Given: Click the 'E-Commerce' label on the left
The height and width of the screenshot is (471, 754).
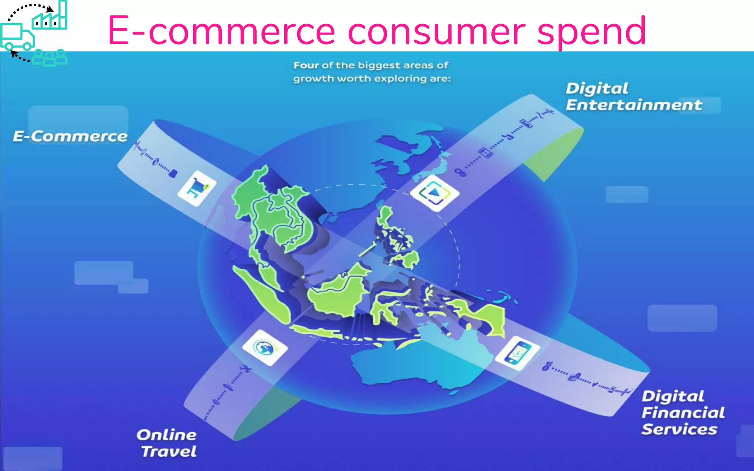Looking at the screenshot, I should pyautogui.click(x=70, y=137).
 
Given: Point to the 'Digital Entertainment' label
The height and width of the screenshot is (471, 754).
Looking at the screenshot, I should pyautogui.click(x=633, y=97).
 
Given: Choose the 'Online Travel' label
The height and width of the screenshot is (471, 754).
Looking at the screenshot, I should pyautogui.click(x=168, y=443).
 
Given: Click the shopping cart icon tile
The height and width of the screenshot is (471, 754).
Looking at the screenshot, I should pyautogui.click(x=197, y=188).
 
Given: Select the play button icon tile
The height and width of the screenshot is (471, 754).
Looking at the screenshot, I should pyautogui.click(x=435, y=193).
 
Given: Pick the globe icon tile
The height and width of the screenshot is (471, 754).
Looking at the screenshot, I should pyautogui.click(x=265, y=348).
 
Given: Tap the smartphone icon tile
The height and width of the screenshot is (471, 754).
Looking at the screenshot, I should pyautogui.click(x=517, y=353).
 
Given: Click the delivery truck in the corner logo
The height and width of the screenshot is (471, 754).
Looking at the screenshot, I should pyautogui.click(x=17, y=37).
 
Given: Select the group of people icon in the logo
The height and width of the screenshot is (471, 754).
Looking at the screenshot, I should pyautogui.click(x=50, y=57).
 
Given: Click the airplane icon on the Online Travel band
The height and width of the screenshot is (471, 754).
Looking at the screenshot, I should pyautogui.click(x=245, y=368).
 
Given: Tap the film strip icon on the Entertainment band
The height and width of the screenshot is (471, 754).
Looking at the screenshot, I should pyautogui.click(x=485, y=152).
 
